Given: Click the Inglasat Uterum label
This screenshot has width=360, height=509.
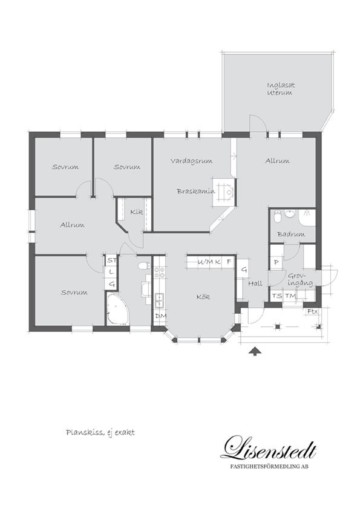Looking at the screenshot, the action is coord(281,89).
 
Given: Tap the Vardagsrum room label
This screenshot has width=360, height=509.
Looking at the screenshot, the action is coord(191,161).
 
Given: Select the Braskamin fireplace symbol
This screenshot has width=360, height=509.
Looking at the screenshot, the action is coord(223,192).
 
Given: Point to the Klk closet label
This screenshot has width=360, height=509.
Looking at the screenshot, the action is coord(137,212).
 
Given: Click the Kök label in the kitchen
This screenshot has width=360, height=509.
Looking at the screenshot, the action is coord(203,297).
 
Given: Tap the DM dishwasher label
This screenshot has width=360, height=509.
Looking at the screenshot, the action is coord(160,316).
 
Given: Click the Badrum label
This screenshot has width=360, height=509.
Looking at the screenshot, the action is coord(291,234).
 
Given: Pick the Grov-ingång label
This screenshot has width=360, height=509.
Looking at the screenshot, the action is coord(300,279).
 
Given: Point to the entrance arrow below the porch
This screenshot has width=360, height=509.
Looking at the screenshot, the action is coord(255,351).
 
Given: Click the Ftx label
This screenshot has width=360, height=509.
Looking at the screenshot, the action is coord(313,311).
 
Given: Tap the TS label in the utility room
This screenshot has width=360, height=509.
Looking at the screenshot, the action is coord(277,296).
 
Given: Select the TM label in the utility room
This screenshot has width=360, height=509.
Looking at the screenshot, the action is coord(290,296).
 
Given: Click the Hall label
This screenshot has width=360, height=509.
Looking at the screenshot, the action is coord(255,284).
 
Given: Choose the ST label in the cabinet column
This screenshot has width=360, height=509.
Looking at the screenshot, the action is coord(112,261).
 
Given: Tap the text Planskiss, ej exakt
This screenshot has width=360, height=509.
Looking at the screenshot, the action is coord(100,433).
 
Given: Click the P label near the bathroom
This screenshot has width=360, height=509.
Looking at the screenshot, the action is coord(277,262).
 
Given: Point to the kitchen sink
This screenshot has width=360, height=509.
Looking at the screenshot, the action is coord(159,300).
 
